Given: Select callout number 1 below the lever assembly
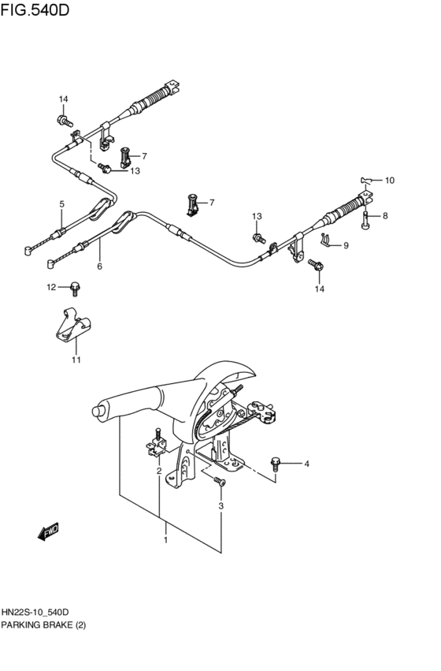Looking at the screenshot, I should tap(165, 541).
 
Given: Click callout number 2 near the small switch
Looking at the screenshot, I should tap(159, 471).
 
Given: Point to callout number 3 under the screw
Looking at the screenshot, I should tap(220, 505).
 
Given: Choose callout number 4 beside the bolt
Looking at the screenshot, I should tap(307, 464).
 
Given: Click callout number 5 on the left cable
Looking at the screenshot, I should tap(61, 204).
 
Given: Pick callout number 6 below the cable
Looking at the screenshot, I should tap(99, 267).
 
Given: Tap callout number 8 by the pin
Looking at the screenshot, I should tap(385, 215).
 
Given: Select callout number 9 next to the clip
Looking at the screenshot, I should tap(344, 245).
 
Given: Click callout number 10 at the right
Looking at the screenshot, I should tap(388, 181).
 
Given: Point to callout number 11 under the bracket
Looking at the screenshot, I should tap(76, 360).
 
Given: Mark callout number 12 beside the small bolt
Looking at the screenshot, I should tap(50, 287).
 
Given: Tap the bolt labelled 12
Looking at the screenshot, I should tap(75, 287).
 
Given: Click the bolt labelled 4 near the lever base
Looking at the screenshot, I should tap(276, 462).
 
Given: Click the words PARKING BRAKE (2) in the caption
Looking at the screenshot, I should tap(43, 625).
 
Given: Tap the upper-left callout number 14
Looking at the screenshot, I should tap(63, 99).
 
